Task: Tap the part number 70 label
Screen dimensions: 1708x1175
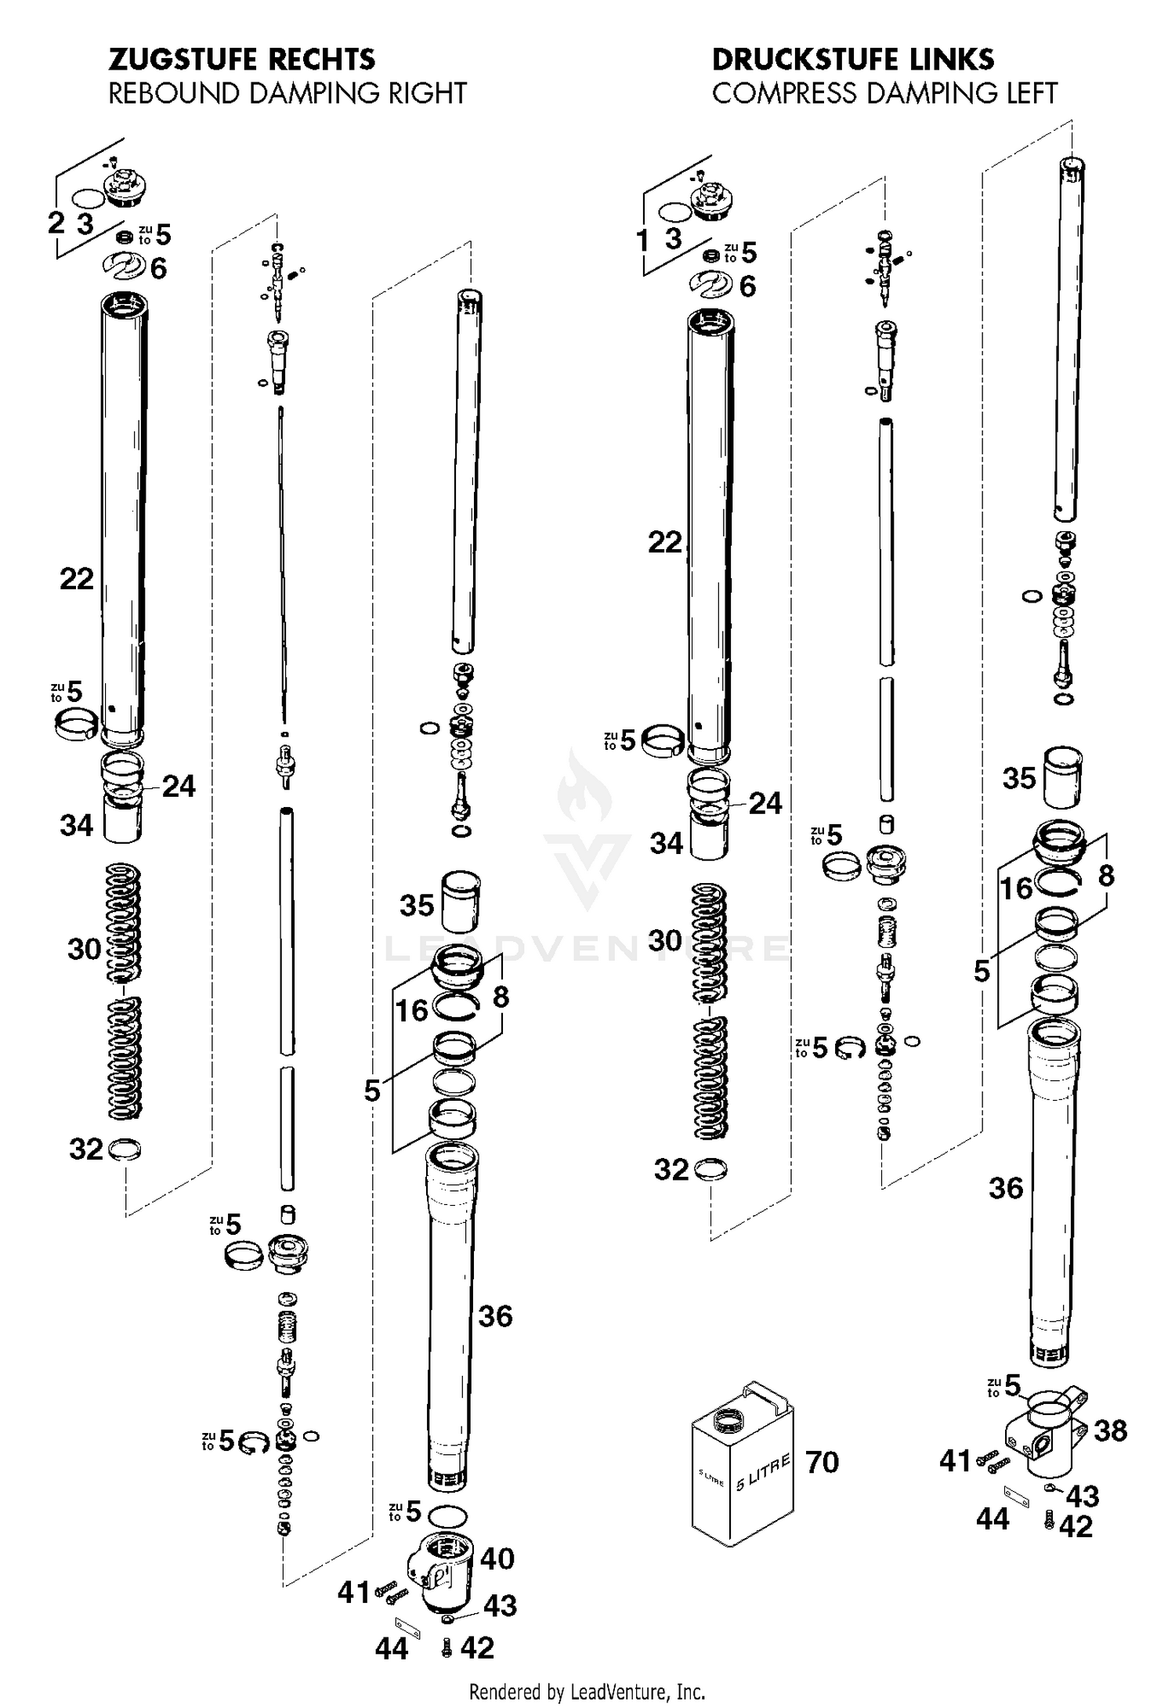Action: coord(822,1462)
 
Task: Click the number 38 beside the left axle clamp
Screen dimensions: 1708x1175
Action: coord(1110,1431)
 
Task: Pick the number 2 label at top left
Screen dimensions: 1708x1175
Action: coord(56,223)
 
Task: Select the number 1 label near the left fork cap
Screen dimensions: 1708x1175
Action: coord(642,241)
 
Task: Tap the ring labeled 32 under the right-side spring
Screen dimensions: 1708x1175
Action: coord(126,1149)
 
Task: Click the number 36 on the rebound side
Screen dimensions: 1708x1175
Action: coord(495,1316)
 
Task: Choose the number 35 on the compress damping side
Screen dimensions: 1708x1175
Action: coord(1019,778)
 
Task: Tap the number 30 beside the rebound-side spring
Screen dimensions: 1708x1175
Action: coord(85,950)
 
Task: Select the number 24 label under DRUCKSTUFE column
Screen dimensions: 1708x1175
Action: coord(765,803)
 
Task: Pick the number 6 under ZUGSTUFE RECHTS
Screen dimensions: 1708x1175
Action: coord(158,269)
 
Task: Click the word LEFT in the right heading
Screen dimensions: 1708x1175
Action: coord(1027,94)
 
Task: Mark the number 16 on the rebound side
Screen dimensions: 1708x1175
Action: coord(411,1011)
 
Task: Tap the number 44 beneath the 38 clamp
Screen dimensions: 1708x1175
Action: coord(992,1519)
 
